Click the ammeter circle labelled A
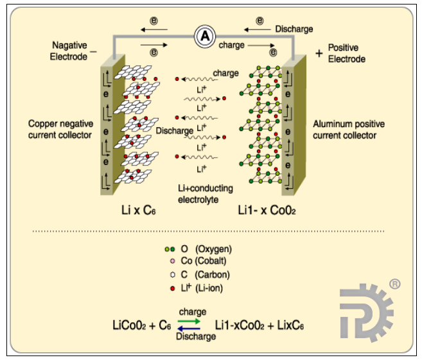pos(205,37)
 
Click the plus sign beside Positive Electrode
pos(319,54)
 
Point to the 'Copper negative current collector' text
pos(61,128)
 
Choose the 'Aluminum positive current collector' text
pos(344,129)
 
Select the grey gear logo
pos(365,312)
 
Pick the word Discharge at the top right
pos(294,29)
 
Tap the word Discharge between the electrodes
pos(174,130)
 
